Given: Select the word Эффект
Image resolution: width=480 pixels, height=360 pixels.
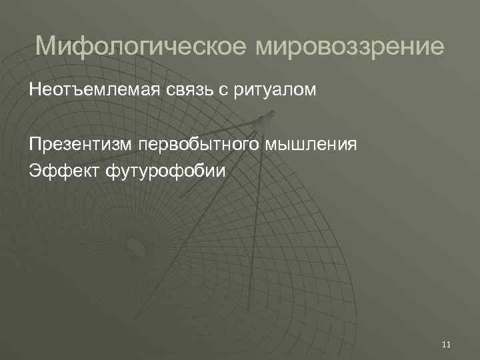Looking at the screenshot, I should pos(64,171).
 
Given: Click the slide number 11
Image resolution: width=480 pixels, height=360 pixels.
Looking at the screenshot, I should pos(446,344).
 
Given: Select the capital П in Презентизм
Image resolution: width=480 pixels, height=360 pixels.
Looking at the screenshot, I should pos(35,145).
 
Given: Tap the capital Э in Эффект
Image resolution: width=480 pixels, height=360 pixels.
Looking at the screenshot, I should pos(34,171).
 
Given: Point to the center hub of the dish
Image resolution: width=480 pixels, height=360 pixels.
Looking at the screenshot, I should pos(136,247).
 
